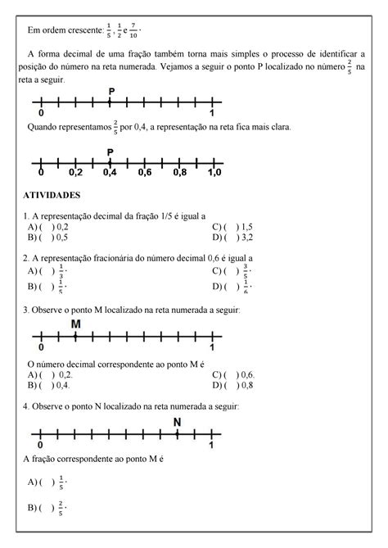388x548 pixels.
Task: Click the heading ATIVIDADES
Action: coord(52,197)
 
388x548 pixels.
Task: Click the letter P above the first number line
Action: coord(111,91)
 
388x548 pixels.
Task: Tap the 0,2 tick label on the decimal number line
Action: coord(76,174)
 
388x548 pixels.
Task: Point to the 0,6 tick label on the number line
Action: coord(145,174)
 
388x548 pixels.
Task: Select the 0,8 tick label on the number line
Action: coord(179,174)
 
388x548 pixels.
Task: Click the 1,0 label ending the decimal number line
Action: coord(214,174)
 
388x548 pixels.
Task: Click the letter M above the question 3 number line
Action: coord(76,324)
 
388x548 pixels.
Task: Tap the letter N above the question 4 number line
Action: coord(177,423)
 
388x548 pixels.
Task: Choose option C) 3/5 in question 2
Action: coord(232,270)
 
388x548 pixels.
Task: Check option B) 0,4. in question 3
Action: coord(48,385)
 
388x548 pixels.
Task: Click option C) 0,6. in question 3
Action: coord(232,374)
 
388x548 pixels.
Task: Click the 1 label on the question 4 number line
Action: coord(212,445)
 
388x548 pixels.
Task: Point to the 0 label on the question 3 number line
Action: coord(42,347)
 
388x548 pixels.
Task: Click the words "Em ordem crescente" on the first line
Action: coord(62,31)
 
